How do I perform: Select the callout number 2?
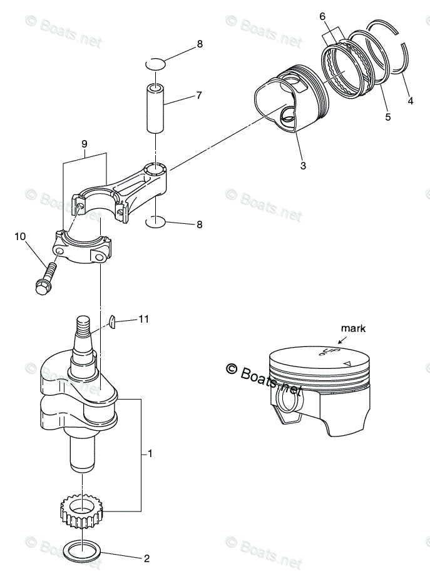point(147,558)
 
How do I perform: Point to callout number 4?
point(411,100)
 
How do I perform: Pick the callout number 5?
point(388,116)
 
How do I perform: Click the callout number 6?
point(322,16)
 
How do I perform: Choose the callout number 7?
point(198,96)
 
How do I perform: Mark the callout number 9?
point(84,144)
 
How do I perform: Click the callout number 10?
point(19,236)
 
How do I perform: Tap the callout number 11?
point(144,320)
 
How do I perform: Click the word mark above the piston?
point(353,328)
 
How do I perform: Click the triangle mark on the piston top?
point(347,363)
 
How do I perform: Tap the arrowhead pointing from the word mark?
point(340,341)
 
